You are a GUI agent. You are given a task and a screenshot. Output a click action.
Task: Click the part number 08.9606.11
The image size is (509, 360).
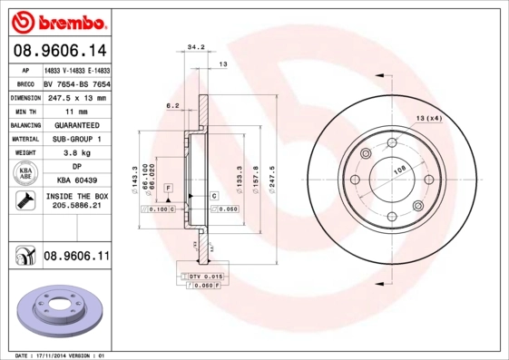tap(77, 257)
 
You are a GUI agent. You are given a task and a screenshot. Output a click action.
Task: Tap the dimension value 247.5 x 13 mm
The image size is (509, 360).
tap(77, 97)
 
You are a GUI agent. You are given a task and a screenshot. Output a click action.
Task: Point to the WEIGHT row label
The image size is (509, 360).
tap(24, 153)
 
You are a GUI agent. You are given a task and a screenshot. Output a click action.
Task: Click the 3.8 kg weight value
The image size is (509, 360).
tap(77, 153)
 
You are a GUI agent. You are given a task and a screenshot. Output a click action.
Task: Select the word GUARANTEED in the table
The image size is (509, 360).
tap(77, 125)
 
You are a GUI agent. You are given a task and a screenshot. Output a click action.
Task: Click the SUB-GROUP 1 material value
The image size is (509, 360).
tap(77, 139)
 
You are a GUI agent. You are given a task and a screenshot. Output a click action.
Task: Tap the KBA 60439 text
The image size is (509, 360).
tap(77, 181)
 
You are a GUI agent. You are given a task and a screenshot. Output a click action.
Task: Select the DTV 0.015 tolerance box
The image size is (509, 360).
tap(205, 276)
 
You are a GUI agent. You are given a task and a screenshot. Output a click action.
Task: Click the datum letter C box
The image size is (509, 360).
tap(214, 196)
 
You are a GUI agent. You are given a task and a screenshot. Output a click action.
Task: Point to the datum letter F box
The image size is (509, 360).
tap(168, 187)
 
